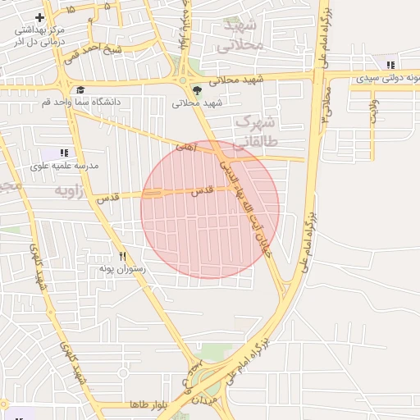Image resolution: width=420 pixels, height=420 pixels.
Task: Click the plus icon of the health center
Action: [x=39, y=17]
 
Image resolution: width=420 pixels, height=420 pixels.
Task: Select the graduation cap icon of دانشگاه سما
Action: [x=80, y=90]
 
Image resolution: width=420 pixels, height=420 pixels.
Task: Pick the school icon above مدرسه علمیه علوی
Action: [x=64, y=153]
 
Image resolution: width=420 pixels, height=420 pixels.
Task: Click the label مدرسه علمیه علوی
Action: [x=64, y=166]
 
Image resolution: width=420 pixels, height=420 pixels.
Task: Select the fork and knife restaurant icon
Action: [x=122, y=256]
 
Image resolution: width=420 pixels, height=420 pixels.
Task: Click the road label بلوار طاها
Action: [x=148, y=405]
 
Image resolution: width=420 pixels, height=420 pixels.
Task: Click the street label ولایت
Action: [x=374, y=111]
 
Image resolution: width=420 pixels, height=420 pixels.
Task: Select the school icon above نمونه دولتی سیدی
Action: [x=390, y=64]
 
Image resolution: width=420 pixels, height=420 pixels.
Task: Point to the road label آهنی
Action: [x=186, y=146]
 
